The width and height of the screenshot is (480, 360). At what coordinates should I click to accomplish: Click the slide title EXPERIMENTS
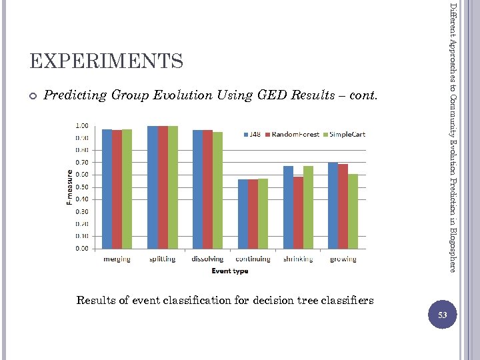(106, 62)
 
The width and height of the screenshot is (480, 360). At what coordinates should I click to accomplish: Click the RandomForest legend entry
(293, 134)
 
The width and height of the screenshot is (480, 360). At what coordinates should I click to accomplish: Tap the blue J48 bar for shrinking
(288, 207)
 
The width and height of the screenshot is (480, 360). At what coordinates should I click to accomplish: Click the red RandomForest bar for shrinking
(298, 212)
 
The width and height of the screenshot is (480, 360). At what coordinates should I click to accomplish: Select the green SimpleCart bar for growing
(353, 211)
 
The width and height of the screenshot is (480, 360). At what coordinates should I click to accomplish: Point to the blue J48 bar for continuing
(243, 213)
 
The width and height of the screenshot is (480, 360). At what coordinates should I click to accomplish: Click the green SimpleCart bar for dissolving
(217, 190)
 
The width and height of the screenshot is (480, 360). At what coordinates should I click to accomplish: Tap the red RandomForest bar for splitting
(163, 187)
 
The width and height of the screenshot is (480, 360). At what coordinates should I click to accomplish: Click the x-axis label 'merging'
(117, 259)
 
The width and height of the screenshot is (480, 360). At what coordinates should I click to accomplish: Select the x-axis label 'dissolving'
(207, 259)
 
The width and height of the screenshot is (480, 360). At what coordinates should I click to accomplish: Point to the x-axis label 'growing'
(343, 259)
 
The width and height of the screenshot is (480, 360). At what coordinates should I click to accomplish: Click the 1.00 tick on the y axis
(82, 125)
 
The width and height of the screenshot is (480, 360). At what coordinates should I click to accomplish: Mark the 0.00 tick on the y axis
(82, 248)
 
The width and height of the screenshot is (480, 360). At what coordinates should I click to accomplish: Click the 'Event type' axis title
(230, 271)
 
